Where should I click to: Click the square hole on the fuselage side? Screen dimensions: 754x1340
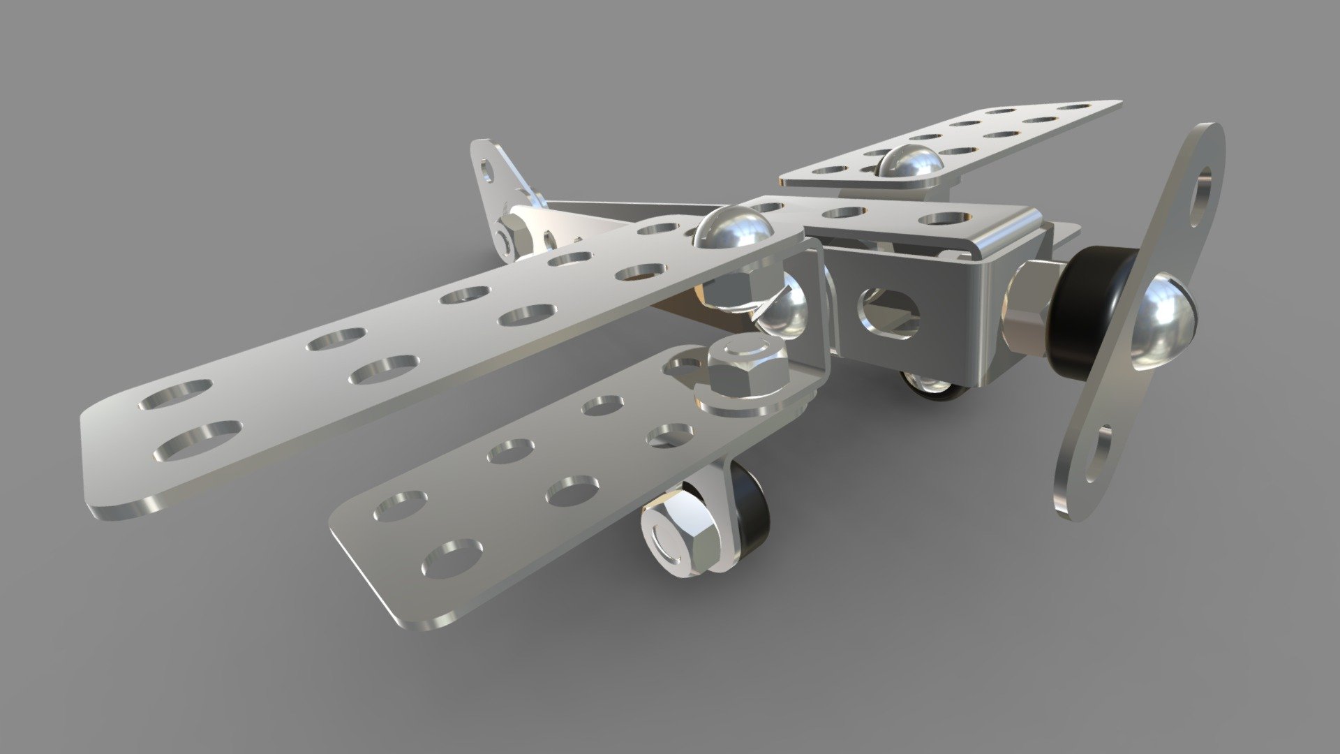pyautogui.click(x=890, y=312)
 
